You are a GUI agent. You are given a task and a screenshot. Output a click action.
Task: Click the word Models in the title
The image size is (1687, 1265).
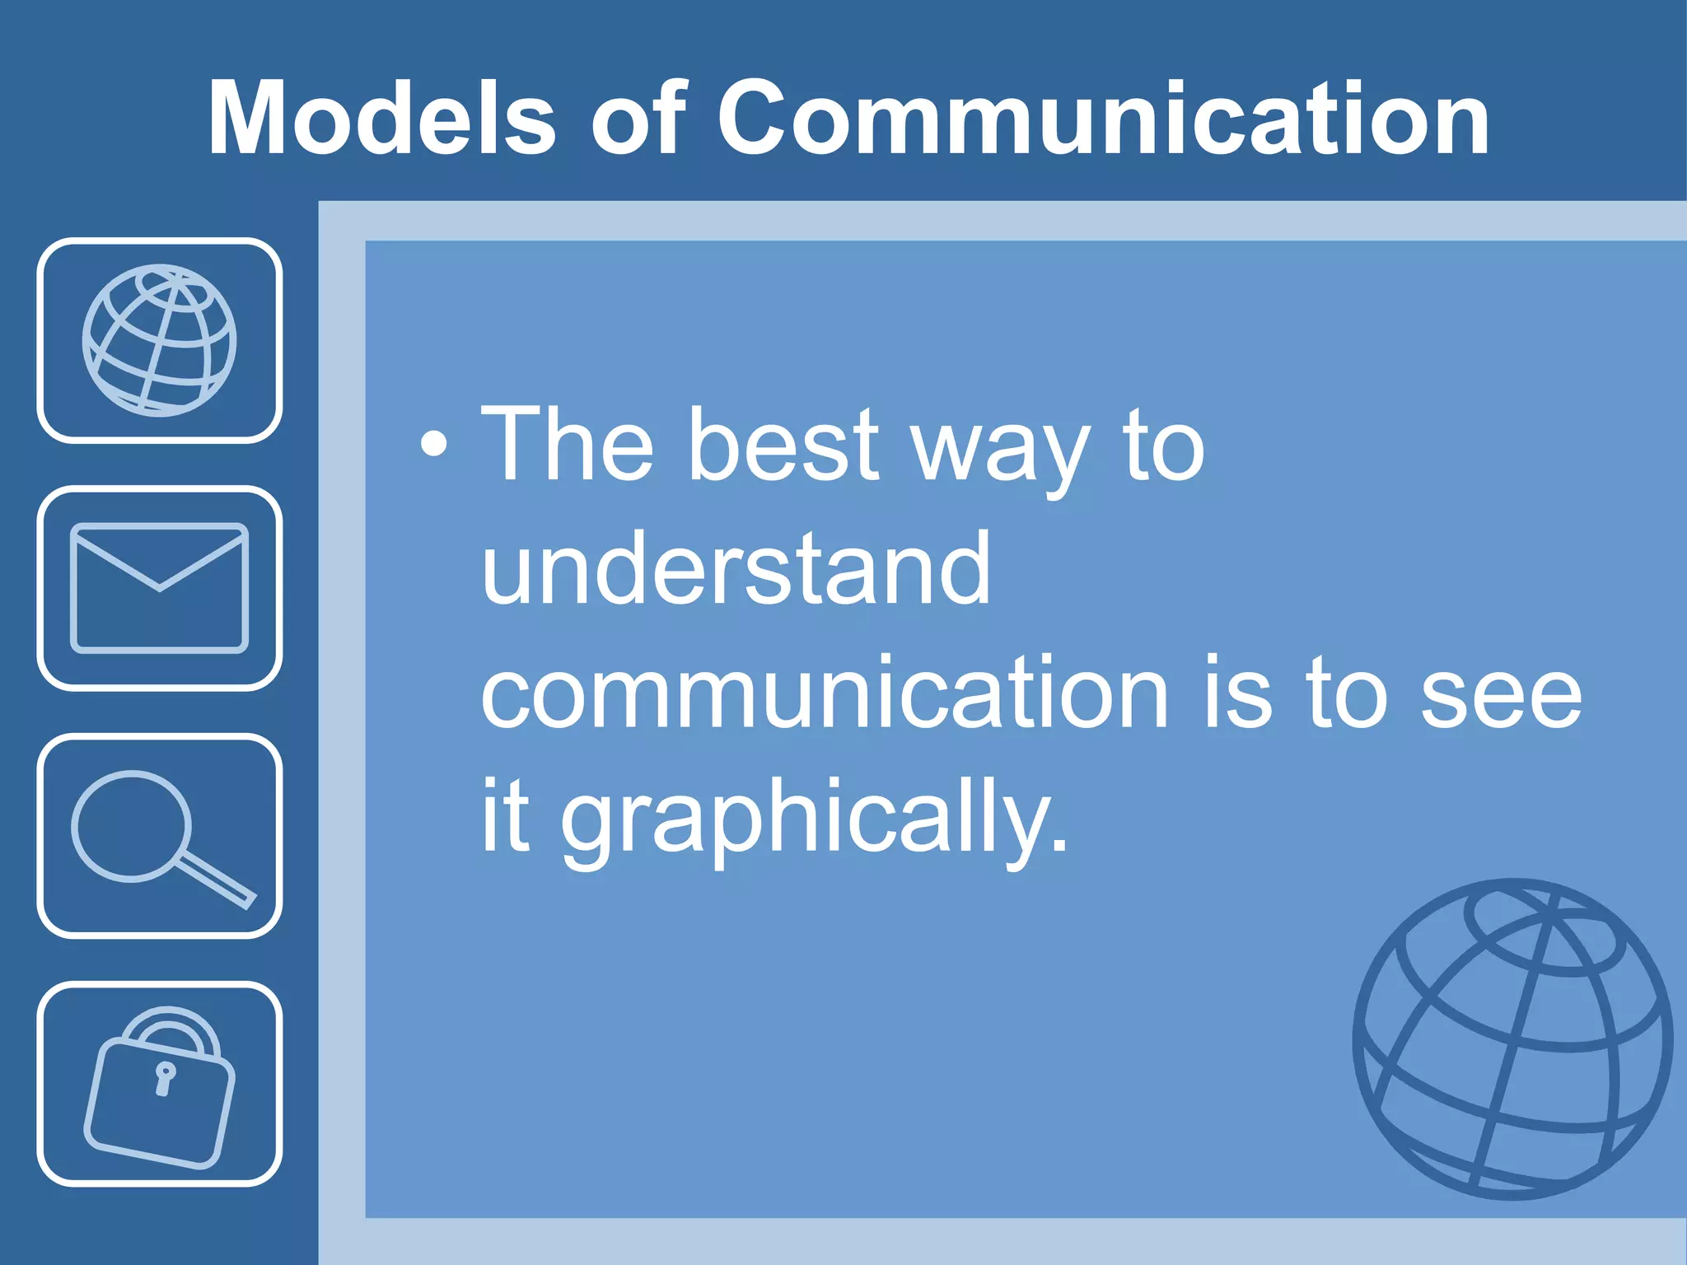coord(381,118)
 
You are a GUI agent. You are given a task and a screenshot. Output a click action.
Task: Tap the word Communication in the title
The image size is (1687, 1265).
coord(1103,118)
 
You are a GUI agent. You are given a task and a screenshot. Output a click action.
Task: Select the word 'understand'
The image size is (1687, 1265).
coord(736,569)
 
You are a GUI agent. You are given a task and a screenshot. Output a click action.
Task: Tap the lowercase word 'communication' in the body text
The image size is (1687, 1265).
coord(824,693)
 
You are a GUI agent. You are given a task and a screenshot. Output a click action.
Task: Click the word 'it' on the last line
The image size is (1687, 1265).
coord(504,815)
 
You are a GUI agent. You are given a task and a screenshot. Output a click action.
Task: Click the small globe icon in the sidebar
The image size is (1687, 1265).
coord(160,340)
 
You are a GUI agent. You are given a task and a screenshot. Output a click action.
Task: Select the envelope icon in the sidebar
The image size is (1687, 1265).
coord(160,588)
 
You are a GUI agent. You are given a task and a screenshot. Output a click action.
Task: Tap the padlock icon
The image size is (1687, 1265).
coord(160,1087)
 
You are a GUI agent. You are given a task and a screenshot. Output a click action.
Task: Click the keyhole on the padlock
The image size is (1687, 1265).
coord(165,1080)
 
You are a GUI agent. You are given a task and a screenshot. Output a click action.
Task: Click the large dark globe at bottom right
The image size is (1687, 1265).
coord(1512,1039)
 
